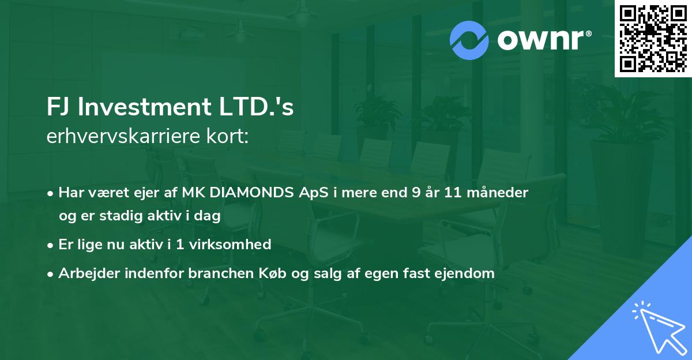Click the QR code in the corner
coord(653,38)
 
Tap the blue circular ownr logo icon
coord(469,40)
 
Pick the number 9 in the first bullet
coord(416,193)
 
